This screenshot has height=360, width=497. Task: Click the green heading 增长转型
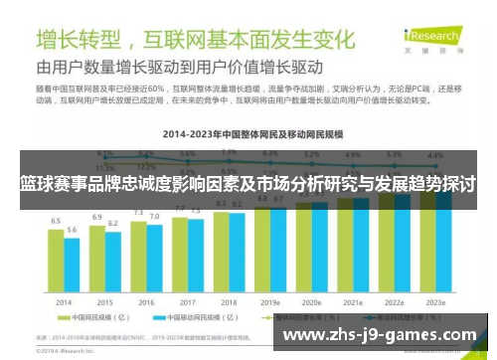pyautogui.click(x=79, y=40)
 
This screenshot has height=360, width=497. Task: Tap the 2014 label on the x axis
pyautogui.click(x=64, y=301)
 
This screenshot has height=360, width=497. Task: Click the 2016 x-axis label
pyautogui.click(x=146, y=301)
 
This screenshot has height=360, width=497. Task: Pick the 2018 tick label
pyautogui.click(x=229, y=301)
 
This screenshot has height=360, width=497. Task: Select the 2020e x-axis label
pyautogui.click(x=311, y=301)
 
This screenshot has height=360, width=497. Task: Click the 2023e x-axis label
pyautogui.click(x=435, y=301)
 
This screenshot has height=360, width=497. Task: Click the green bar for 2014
pyautogui.click(x=57, y=261)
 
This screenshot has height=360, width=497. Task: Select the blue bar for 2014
pyautogui.click(x=72, y=266)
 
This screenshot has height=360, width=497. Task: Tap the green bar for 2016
pyautogui.click(x=139, y=256)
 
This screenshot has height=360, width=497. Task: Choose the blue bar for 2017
pyautogui.click(x=195, y=255)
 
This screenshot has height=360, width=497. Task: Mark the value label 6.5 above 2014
pyautogui.click(x=56, y=221)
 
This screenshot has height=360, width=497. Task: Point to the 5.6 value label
pyautogui.click(x=72, y=230)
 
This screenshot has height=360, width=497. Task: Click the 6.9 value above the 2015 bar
pyautogui.click(x=97, y=216)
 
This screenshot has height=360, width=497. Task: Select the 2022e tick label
pyautogui.click(x=394, y=301)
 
